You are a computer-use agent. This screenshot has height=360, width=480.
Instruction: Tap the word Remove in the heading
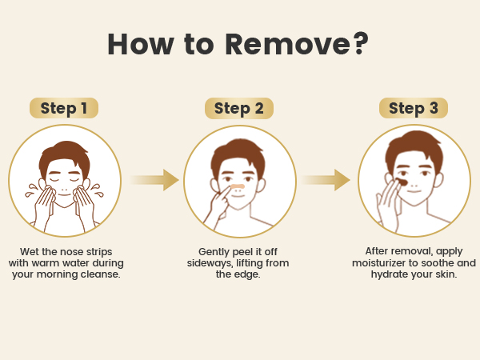click(x=287, y=44)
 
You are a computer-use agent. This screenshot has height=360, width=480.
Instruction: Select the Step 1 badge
click(x=64, y=108)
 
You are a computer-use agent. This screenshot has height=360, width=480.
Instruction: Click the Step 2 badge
click(x=238, y=108)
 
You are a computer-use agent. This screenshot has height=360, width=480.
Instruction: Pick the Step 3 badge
click(x=414, y=108)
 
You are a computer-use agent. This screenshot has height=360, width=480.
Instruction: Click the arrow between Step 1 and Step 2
click(x=154, y=180)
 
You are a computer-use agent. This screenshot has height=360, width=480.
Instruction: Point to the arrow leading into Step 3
click(x=326, y=180)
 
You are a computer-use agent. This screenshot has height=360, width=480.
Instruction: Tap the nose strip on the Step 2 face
click(x=238, y=186)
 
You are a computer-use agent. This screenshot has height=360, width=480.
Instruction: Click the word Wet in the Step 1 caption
click(x=30, y=252)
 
